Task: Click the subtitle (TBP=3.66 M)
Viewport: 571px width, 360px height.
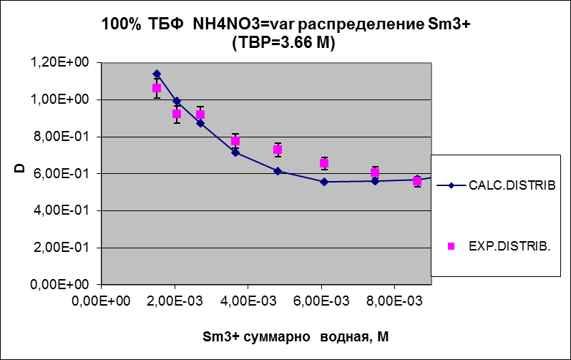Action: pyautogui.click(x=285, y=43)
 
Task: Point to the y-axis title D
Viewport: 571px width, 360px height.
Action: pyautogui.click(x=20, y=170)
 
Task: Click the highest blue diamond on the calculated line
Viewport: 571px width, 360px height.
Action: pyautogui.click(x=157, y=74)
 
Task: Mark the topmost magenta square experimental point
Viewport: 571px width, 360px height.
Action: pyautogui.click(x=157, y=88)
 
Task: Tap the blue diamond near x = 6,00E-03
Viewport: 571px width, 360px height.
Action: pyautogui.click(x=324, y=182)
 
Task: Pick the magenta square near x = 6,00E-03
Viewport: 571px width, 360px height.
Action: pyautogui.click(x=324, y=163)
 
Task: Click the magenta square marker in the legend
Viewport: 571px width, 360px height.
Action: pyautogui.click(x=451, y=246)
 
